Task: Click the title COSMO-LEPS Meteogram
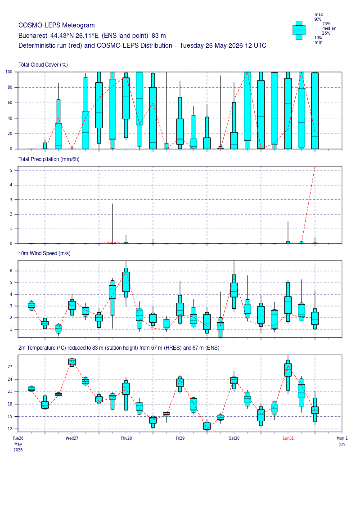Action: click(57, 25)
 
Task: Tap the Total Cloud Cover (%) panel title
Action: click(43, 65)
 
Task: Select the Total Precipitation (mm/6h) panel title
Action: click(49, 159)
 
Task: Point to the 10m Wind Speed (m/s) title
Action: click(45, 253)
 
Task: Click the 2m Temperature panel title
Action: click(119, 348)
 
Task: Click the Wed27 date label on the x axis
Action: click(72, 438)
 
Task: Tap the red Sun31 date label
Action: click(288, 438)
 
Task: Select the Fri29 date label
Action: click(180, 438)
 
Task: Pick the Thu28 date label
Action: click(126, 438)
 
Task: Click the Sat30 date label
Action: click(234, 438)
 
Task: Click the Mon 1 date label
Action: click(342, 438)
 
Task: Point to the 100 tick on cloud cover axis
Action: click(9, 72)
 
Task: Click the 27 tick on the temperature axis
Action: click(10, 367)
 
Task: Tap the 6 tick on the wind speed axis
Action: click(11, 271)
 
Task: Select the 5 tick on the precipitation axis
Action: click(11, 171)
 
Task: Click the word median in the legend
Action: click(329, 28)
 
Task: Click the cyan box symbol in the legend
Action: click(299, 30)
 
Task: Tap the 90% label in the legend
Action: click(318, 19)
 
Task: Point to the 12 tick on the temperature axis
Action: click(10, 429)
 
